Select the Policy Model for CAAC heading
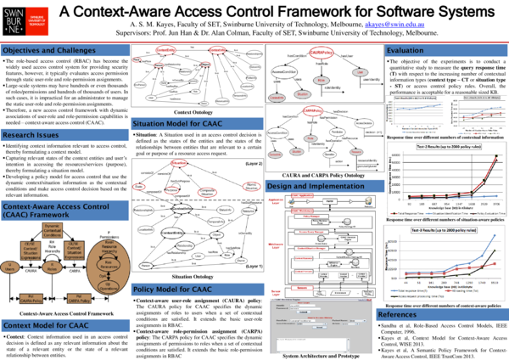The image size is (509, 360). (x=171, y=290)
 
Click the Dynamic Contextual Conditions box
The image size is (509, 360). (x=51, y=228)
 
